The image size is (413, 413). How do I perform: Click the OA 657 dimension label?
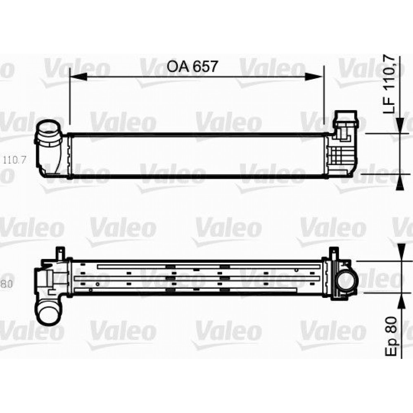click(x=192, y=66)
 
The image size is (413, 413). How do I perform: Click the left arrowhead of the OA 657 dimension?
click(x=78, y=77)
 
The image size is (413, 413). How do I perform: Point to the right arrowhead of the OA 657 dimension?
click(x=313, y=77)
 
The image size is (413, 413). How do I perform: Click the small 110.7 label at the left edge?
click(x=14, y=159)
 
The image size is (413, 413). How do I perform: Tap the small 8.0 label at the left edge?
click(x=6, y=284)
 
